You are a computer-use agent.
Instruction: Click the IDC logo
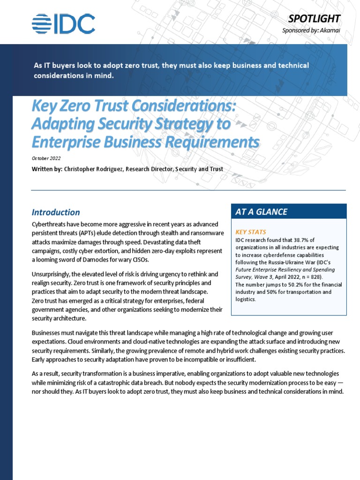point(63,24)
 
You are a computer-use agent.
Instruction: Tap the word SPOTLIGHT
point(314,18)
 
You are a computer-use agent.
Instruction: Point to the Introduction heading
point(55,212)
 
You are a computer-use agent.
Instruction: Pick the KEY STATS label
point(250,232)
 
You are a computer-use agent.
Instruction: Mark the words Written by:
point(46,169)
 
